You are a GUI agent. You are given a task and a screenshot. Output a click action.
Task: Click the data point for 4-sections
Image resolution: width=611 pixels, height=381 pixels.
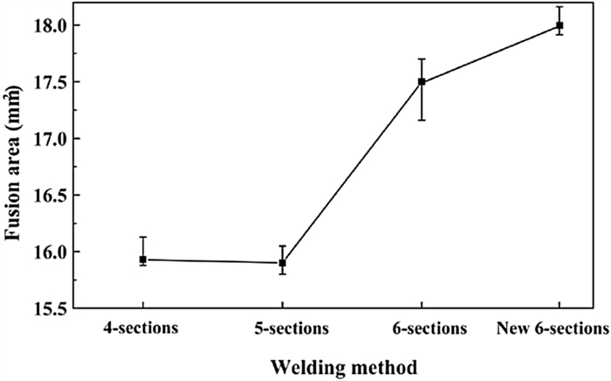[x=143, y=260]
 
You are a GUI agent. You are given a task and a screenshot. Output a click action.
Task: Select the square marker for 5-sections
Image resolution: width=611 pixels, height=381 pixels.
[x=283, y=263]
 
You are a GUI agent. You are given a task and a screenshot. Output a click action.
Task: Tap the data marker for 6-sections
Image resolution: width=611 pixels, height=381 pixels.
[x=422, y=82]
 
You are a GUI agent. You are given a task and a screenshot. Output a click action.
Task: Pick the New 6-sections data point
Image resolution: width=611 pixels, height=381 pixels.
[x=560, y=25]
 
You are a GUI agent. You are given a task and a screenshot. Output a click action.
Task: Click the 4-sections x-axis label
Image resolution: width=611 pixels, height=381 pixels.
[x=141, y=328]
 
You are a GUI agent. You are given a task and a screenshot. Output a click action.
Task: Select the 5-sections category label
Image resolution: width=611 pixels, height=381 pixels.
[x=292, y=328]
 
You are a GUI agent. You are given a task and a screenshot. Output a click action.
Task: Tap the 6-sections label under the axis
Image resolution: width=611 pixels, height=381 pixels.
[x=429, y=328]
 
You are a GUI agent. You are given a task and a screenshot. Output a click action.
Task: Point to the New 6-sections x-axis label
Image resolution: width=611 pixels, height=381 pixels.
[x=553, y=328]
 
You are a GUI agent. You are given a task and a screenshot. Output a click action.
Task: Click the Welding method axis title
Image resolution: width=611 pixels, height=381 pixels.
[x=344, y=367]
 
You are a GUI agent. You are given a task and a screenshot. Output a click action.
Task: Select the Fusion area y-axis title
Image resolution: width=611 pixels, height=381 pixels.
[x=13, y=163]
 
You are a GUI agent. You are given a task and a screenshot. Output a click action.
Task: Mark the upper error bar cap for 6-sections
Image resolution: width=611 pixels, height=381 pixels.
[x=422, y=59]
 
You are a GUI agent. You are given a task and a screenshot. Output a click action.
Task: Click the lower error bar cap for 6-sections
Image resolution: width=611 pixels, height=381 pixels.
[x=422, y=120]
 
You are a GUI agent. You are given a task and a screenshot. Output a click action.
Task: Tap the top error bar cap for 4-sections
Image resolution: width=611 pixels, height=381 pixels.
[x=143, y=237]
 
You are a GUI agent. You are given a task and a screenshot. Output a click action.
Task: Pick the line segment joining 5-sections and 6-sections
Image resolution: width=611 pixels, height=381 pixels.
[x=352, y=172]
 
